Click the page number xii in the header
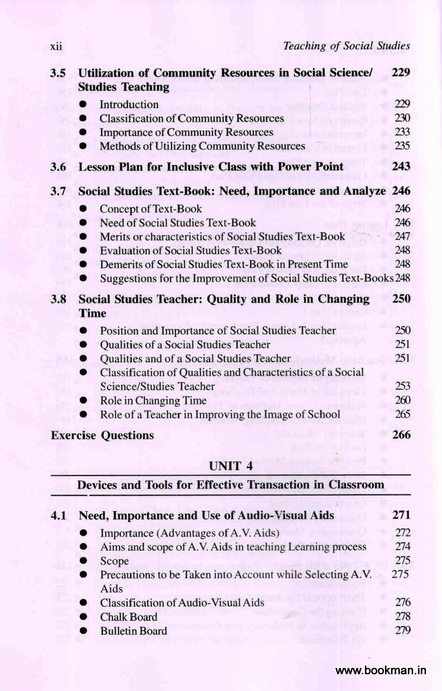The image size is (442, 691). coord(56,47)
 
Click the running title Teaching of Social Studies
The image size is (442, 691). coord(346,46)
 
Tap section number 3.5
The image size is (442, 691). coord(58,73)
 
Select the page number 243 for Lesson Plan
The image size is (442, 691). coord(401,166)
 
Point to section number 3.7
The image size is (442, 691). coord(58,191)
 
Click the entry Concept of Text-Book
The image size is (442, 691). coord(151,209)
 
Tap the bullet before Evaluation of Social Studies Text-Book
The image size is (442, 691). coord(84,251)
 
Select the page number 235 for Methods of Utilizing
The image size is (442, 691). coord(402,146)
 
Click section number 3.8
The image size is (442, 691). coord(58,299)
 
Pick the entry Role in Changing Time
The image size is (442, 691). coord(153,401)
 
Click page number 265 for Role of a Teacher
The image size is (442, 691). coord(402,414)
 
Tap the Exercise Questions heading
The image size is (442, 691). coord(102,435)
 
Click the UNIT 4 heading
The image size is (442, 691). coord(231,466)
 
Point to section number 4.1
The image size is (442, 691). coord(58,515)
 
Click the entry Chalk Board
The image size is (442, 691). coord(129,617)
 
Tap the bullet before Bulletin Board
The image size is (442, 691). coord(84,631)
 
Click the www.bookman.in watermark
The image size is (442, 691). coord(381,670)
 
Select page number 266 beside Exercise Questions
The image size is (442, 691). coord(401,435)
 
